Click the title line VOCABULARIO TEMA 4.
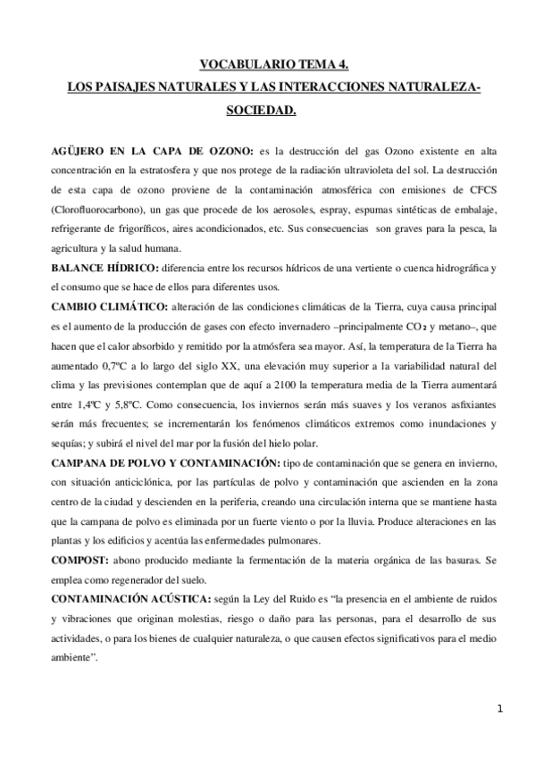[x=268, y=64]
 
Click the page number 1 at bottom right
[x=501, y=709]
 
